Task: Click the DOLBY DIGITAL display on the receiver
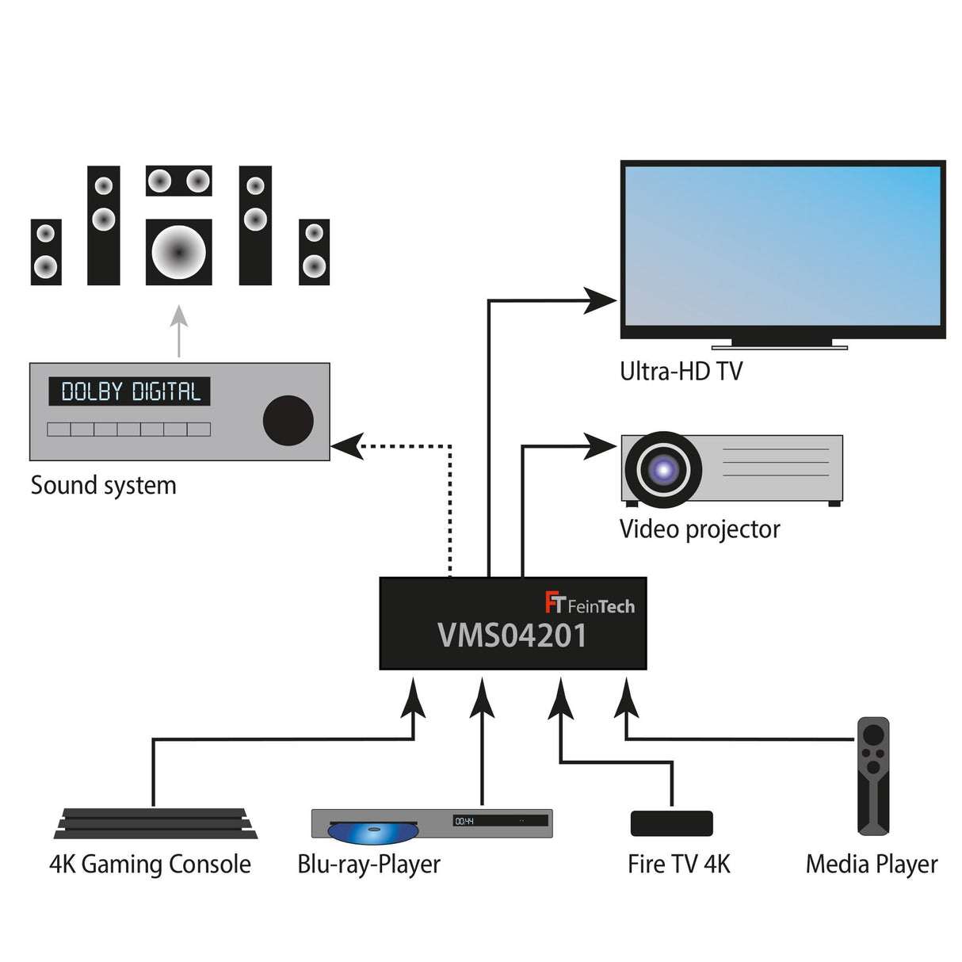(x=130, y=391)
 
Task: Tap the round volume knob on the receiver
(x=288, y=420)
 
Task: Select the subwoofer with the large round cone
(x=178, y=252)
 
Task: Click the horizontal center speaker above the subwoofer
(x=178, y=181)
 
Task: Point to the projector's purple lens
(x=662, y=470)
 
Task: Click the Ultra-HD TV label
(x=681, y=371)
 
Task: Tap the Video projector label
(x=699, y=529)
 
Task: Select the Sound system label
(x=103, y=485)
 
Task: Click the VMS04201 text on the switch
(x=512, y=636)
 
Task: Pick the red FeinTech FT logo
(x=554, y=603)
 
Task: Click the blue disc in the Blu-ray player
(x=372, y=832)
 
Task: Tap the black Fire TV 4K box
(x=671, y=823)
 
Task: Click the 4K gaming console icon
(x=155, y=823)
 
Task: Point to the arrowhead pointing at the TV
(x=600, y=300)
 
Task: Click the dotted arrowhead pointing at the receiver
(x=347, y=446)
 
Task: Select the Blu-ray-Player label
(x=368, y=864)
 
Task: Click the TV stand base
(x=779, y=345)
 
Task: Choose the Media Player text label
(x=871, y=864)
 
